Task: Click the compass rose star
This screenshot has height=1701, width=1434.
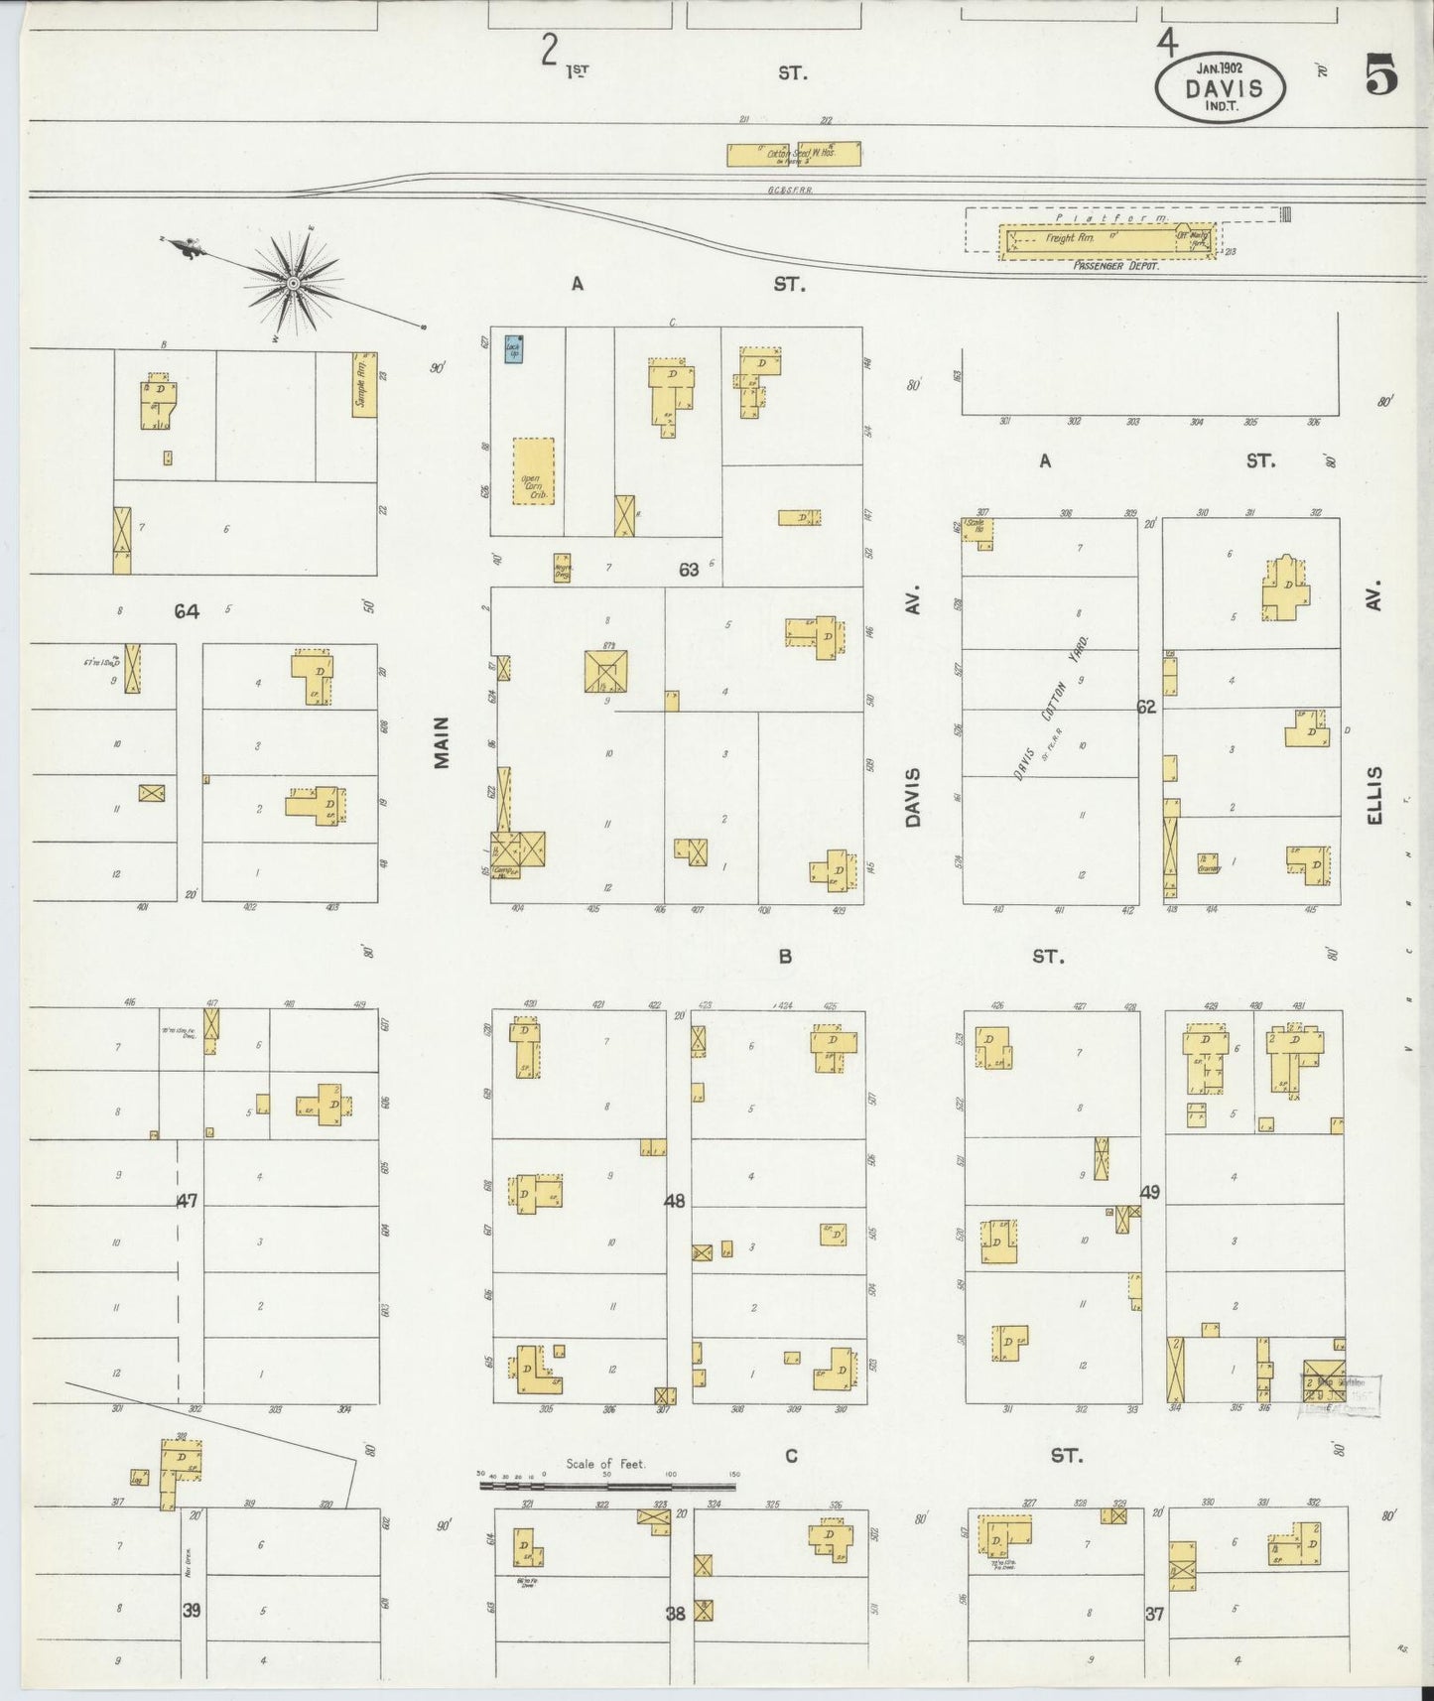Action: (x=293, y=284)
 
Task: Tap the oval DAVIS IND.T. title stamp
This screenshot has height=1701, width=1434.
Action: (x=1221, y=86)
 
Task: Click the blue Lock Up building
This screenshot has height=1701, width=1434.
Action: (x=515, y=349)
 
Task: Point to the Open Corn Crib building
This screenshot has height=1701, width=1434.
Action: (x=534, y=471)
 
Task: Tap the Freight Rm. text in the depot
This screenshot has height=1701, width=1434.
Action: (x=1064, y=239)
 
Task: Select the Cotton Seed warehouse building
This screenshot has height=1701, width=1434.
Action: (x=794, y=154)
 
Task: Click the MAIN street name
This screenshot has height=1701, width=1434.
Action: (x=442, y=741)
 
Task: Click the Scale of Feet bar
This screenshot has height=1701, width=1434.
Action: (x=607, y=1486)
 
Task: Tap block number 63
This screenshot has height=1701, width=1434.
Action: (x=689, y=570)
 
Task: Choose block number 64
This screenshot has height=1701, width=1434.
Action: (x=187, y=611)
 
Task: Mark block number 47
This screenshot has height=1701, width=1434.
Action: (x=187, y=1202)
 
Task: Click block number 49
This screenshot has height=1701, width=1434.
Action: (x=1150, y=1192)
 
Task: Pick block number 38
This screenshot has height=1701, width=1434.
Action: (x=676, y=1614)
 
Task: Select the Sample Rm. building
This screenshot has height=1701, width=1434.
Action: (x=364, y=384)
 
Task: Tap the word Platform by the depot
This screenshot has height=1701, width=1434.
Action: (x=1111, y=215)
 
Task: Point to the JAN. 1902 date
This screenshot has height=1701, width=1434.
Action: (x=1220, y=67)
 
